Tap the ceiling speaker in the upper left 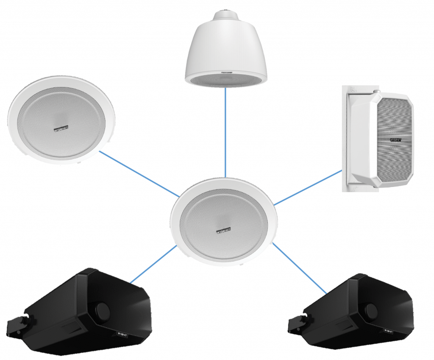(x=62, y=119)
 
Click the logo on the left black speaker (x=121, y=336)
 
